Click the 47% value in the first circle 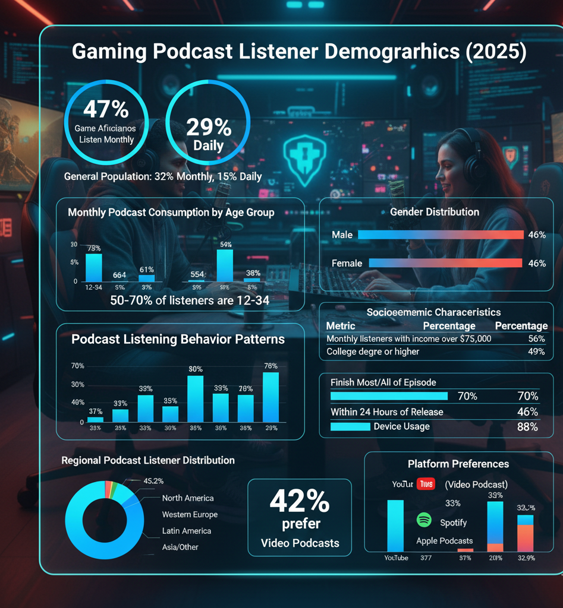pyautogui.click(x=106, y=109)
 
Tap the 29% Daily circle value pyautogui.click(x=209, y=127)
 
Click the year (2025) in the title pyautogui.click(x=496, y=52)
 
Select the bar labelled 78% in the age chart pyautogui.click(x=94, y=267)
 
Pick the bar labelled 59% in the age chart pyautogui.click(x=225, y=265)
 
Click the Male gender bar pyautogui.click(x=440, y=235)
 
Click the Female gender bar pyautogui.click(x=445, y=263)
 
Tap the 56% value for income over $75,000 pyautogui.click(x=536, y=338)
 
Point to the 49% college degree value pyautogui.click(x=536, y=351)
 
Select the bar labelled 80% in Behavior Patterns pyautogui.click(x=195, y=398)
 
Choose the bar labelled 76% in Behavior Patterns pyautogui.click(x=271, y=397)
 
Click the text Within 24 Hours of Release pyautogui.click(x=386, y=412)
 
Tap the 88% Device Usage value pyautogui.click(x=527, y=427)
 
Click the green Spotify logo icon pyautogui.click(x=424, y=520)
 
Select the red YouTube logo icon pyautogui.click(x=426, y=484)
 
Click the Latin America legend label pyautogui.click(x=186, y=531)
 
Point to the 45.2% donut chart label pyautogui.click(x=153, y=481)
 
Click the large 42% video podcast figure pyautogui.click(x=299, y=502)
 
